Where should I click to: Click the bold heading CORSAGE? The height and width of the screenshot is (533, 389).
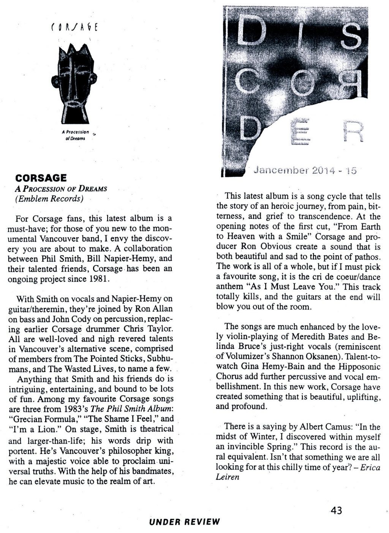point(41,178)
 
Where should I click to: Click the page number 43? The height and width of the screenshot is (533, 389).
point(336,510)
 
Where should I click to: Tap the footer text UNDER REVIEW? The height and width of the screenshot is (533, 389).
point(184,522)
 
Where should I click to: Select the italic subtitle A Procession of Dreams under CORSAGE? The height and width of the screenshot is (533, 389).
point(61,188)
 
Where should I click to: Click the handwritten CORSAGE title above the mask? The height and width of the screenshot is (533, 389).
point(74,28)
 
